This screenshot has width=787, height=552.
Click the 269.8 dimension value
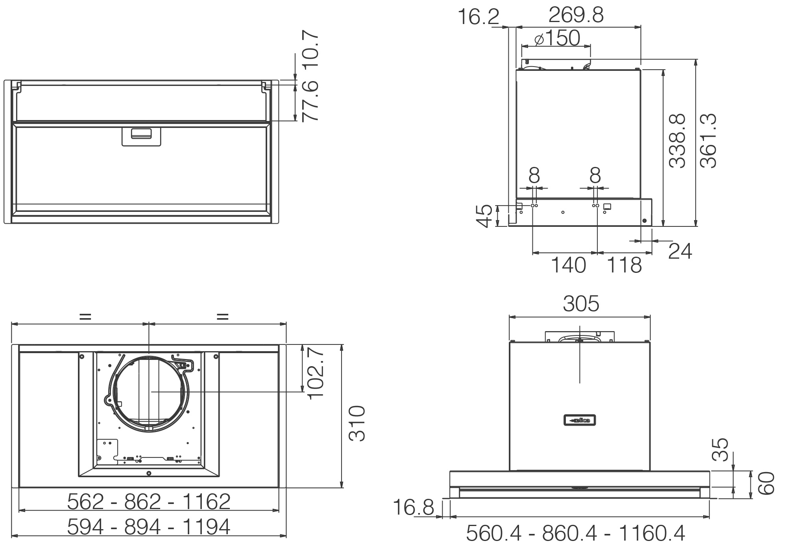tap(576, 15)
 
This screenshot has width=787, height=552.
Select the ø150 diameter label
tap(558, 38)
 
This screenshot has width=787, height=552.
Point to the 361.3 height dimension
tap(708, 141)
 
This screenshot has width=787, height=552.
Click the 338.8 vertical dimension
tap(677, 141)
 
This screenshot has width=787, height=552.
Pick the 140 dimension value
tap(568, 265)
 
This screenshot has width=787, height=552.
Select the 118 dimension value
tap(624, 265)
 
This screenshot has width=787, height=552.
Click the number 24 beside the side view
tap(680, 251)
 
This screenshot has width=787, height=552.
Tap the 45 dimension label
tap(484, 216)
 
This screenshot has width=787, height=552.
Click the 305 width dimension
tap(580, 304)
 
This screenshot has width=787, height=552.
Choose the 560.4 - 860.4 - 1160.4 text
tap(575, 533)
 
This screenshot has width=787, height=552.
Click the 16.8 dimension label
tap(413, 507)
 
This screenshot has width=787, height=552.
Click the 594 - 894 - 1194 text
tap(148, 527)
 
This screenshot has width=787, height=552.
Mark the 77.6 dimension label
tap(310, 101)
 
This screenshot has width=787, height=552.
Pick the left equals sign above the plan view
tap(85, 316)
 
